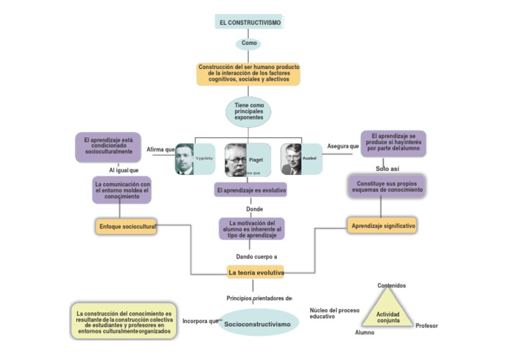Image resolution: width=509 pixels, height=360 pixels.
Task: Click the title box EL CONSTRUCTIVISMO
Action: point(249,23)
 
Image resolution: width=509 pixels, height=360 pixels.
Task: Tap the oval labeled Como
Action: point(249,43)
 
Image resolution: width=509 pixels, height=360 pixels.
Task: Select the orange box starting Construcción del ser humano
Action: point(249,74)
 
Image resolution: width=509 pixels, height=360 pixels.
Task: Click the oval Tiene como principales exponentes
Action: point(249,111)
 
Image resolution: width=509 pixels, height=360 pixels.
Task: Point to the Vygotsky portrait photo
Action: point(185,159)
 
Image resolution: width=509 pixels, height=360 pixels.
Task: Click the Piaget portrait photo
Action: point(236,160)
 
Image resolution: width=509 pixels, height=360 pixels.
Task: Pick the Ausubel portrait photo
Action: point(292,159)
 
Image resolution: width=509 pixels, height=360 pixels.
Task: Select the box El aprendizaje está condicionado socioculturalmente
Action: point(108,146)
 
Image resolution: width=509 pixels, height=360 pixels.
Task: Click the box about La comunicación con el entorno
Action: point(122,190)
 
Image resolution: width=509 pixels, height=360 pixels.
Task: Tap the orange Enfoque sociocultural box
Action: point(126,227)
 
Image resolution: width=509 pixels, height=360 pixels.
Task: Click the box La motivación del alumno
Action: point(252,229)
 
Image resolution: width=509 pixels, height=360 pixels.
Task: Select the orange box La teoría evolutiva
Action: point(255,272)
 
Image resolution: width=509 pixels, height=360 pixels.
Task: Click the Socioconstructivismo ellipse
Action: point(257,324)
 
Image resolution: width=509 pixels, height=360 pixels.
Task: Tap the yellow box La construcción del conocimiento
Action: point(124,322)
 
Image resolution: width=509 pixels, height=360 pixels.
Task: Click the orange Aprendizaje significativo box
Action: point(382,225)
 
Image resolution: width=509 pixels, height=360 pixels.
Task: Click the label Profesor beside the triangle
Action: point(426,326)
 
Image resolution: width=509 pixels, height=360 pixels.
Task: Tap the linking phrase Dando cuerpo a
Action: point(256,257)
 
